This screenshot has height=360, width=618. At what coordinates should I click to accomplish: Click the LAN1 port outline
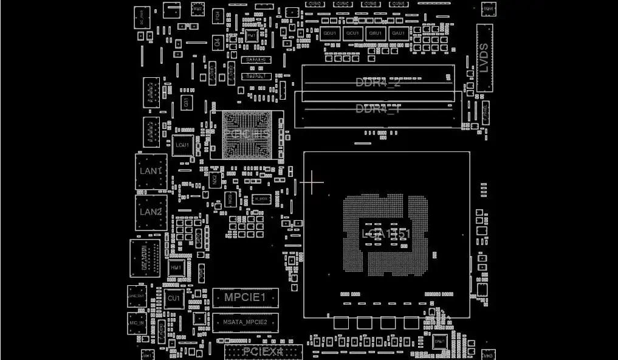pyautogui.click(x=151, y=171)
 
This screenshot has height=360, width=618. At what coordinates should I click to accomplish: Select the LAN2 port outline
pyautogui.click(x=151, y=212)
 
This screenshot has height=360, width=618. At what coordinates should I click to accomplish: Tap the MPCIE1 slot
pyautogui.click(x=245, y=297)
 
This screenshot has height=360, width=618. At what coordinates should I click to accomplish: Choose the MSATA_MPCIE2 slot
pyautogui.click(x=245, y=322)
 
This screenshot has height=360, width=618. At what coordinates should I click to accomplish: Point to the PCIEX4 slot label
pyautogui.click(x=263, y=351)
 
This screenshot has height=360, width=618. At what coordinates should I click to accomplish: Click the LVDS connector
pyautogui.click(x=484, y=58)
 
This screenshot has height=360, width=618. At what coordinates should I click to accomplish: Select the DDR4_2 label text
pyautogui.click(x=378, y=83)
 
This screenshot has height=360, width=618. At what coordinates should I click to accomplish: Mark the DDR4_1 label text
pyautogui.click(x=378, y=109)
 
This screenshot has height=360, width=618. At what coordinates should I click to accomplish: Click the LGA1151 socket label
pyautogui.click(x=386, y=234)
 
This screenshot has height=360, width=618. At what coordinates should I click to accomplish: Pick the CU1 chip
pyautogui.click(x=174, y=299)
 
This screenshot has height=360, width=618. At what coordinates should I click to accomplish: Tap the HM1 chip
pyautogui.click(x=176, y=268)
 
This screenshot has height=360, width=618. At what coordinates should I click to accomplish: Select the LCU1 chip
pyautogui.click(x=182, y=146)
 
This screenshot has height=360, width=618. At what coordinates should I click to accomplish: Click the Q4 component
pyautogui.click(x=217, y=43)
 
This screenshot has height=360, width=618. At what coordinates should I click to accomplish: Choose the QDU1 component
pyautogui.click(x=330, y=33)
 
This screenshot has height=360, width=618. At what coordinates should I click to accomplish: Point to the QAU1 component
pyautogui.click(x=399, y=33)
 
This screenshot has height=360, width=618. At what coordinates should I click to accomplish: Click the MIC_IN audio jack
pyautogui.click(x=137, y=323)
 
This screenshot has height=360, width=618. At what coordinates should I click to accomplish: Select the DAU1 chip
pyautogui.click(x=439, y=342)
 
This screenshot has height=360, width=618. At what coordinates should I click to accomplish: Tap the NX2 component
pyautogui.click(x=214, y=180)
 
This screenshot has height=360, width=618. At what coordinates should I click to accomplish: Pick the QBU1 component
pyautogui.click(x=376, y=33)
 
